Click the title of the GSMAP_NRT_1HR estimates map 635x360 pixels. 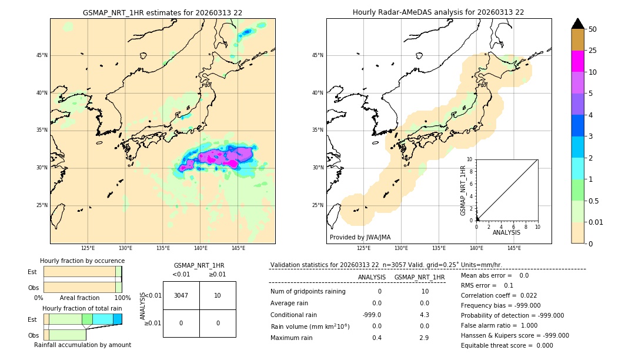coord(162,12)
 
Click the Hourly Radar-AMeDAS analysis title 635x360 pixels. coord(438,12)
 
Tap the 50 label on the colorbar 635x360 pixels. coord(593,29)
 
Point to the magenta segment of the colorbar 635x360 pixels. coord(577,61)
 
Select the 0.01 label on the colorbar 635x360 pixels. coord(596,222)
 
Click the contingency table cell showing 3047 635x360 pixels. coord(181,295)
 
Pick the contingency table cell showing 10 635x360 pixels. coord(218,295)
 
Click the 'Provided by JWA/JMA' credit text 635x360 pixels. coord(360,238)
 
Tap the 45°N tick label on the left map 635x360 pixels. coord(42,55)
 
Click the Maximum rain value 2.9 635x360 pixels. coord(424,338)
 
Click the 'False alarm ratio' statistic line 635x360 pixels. coord(499,325)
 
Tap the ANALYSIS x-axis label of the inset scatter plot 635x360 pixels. coord(506,232)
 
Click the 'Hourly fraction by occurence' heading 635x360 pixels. coord(82,261)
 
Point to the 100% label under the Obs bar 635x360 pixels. coord(122,298)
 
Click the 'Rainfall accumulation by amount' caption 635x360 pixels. coord(82,345)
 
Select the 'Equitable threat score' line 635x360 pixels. coord(507,345)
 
